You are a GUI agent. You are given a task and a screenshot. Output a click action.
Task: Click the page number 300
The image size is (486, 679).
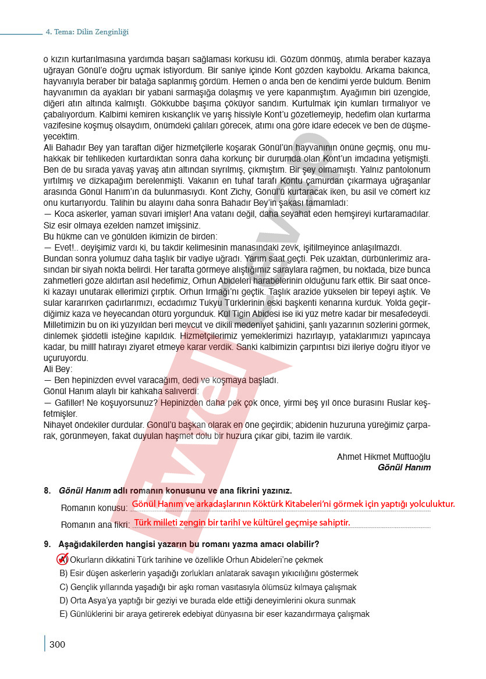pyautogui.click(x=57, y=644)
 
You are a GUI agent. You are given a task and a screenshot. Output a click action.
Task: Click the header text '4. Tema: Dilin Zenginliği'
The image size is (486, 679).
pyautogui.click(x=87, y=32)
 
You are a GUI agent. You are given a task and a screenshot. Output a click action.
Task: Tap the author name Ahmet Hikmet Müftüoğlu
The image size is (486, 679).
pyautogui.click(x=384, y=457)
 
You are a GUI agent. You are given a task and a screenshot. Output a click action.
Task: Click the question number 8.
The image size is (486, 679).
pyautogui.click(x=47, y=491)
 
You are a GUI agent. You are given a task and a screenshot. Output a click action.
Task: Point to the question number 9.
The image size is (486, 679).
pyautogui.click(x=47, y=544)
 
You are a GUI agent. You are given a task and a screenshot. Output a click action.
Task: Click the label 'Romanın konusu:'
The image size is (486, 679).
pyautogui.click(x=94, y=508)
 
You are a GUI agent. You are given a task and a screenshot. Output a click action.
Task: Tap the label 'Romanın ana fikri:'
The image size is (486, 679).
pyautogui.click(x=95, y=524)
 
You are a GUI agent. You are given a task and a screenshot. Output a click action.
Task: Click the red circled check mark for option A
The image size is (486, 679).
pyautogui.click(x=62, y=559)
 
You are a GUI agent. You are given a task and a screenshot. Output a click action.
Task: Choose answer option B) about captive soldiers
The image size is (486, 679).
pyautogui.click(x=209, y=573)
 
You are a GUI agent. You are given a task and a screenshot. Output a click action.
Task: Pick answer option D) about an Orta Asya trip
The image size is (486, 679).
pyautogui.click(x=207, y=601)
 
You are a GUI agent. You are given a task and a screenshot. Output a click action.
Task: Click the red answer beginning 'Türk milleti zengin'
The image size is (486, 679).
pyautogui.click(x=242, y=522)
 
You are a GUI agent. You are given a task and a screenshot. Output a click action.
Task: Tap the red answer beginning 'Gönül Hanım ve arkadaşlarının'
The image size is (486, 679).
pyautogui.click(x=293, y=504)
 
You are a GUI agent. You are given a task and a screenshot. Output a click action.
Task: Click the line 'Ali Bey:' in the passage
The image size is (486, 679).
pyautogui.click(x=58, y=369)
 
